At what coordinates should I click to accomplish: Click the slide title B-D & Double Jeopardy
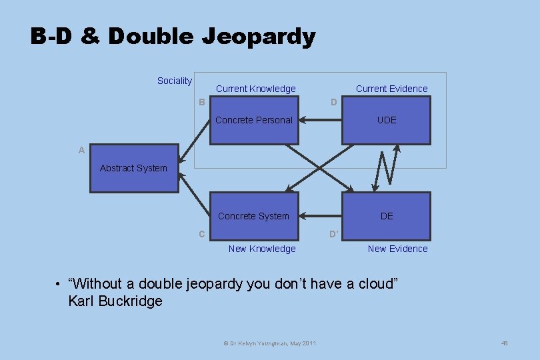173,36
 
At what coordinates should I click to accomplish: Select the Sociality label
174,81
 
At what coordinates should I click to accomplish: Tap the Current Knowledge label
255,89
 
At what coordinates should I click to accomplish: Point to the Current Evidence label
391,89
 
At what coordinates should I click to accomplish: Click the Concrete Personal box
254,121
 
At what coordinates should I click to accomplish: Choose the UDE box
386,121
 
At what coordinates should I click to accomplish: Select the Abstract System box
134,169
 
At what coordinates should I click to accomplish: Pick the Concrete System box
254,216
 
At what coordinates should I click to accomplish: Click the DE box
386,216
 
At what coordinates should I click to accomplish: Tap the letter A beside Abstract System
81,151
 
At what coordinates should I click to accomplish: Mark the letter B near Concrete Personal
201,102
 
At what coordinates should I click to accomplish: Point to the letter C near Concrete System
201,234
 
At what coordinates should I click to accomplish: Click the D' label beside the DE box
334,234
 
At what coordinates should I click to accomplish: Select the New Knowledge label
261,249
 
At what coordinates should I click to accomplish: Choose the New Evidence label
397,249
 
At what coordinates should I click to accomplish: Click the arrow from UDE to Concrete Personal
320,121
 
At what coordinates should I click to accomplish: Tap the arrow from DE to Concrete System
320,216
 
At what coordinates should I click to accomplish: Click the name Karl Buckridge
115,301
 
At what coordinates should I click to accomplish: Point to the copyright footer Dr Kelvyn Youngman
269,343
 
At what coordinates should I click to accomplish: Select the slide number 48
504,343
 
